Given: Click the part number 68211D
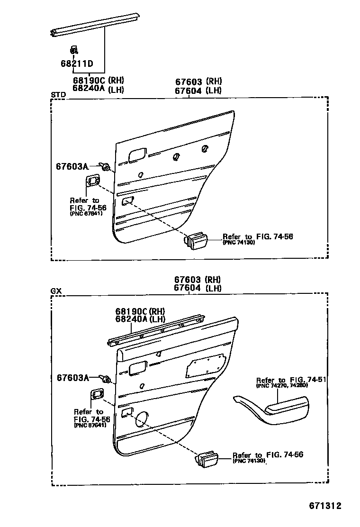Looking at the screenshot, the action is pyautogui.click(x=77, y=63).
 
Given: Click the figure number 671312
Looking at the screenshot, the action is pyautogui.click(x=325, y=506).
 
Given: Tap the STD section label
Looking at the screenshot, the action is pyautogui.click(x=58, y=95).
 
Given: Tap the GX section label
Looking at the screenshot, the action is pyautogui.click(x=56, y=291).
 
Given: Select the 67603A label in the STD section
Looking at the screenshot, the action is pyautogui.click(x=72, y=166).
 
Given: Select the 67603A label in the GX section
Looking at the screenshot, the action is pyautogui.click(x=73, y=378).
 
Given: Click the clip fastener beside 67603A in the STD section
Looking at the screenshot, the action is pyautogui.click(x=105, y=166).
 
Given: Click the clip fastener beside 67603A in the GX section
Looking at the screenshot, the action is pyautogui.click(x=106, y=379).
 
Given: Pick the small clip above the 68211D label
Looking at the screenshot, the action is pyautogui.click(x=74, y=50).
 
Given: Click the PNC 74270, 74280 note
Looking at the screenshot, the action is pyautogui.click(x=282, y=385).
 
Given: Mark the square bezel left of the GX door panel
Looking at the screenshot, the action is pyautogui.click(x=97, y=393).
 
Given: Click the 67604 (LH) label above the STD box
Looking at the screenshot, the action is pyautogui.click(x=198, y=91).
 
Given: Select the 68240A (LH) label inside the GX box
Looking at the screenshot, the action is pyautogui.click(x=140, y=319).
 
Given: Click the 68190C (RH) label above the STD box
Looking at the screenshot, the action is pyautogui.click(x=99, y=80).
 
